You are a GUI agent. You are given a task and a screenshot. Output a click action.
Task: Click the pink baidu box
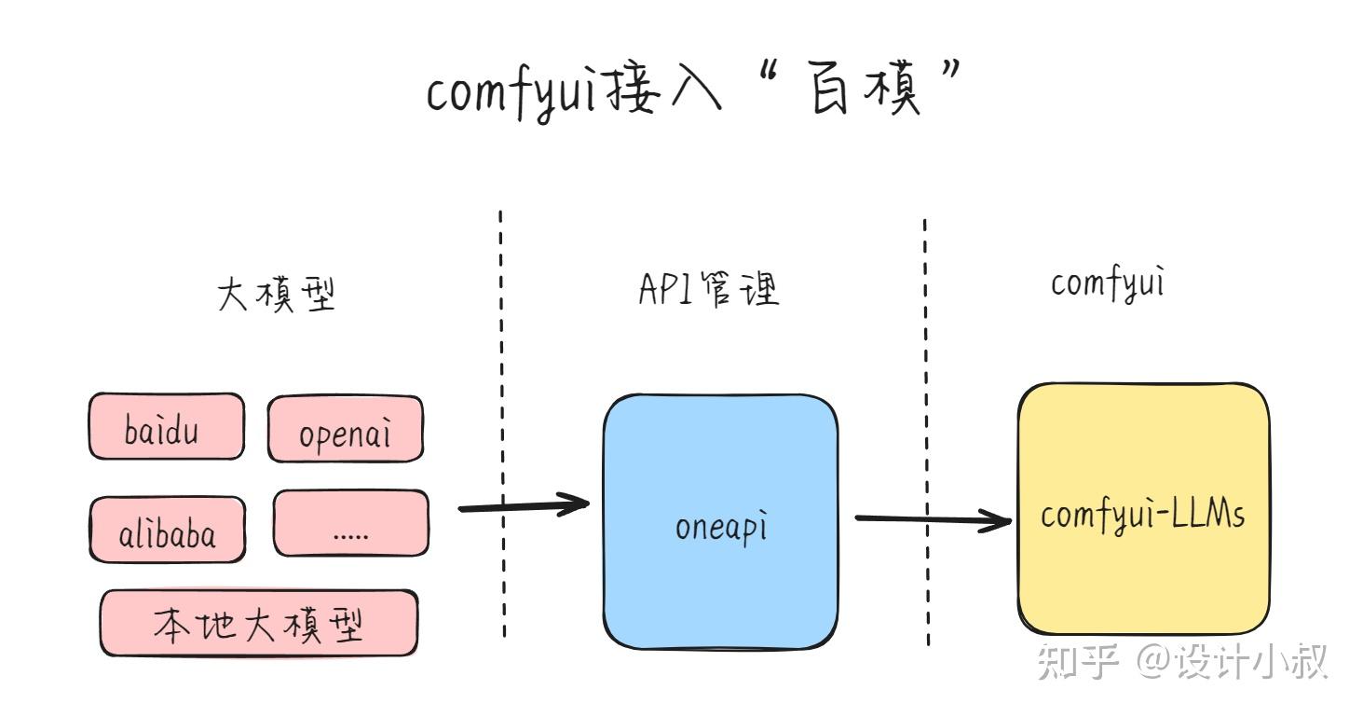coord(166,427)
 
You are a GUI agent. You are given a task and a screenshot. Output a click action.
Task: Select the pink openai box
coord(345,430)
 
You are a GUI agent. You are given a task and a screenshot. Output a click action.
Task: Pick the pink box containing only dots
coord(350,525)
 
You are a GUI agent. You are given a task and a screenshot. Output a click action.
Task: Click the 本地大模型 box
coord(258,623)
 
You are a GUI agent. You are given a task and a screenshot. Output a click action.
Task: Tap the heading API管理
coord(708,289)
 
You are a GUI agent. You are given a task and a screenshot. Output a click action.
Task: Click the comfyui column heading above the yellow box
coord(1109,283)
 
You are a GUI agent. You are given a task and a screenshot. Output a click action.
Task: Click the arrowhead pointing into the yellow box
coord(1002,519)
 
